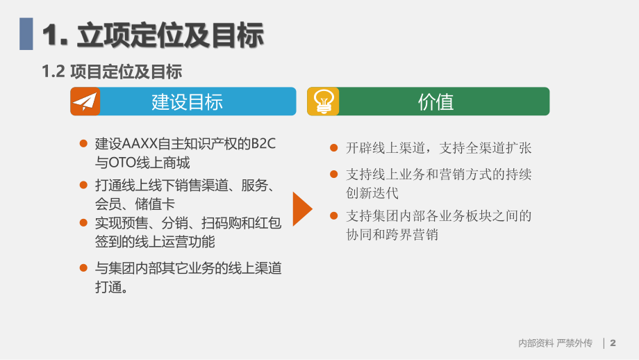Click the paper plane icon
[85, 101]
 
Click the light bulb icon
[323, 101]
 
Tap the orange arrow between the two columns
[302, 209]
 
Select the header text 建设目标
[187, 102]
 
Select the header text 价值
[435, 102]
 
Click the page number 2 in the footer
[613, 343]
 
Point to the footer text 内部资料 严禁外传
[555, 343]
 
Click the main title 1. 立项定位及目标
[153, 35]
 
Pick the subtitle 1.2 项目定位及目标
[112, 71]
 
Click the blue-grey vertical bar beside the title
[26, 34]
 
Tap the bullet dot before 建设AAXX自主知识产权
[84, 144]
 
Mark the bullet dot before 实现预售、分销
[84, 223]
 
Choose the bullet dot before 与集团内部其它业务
[84, 268]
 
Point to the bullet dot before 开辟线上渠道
[334, 147]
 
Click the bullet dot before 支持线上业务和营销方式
[334, 174]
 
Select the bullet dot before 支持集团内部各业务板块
[334, 216]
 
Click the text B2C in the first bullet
[263, 144]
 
